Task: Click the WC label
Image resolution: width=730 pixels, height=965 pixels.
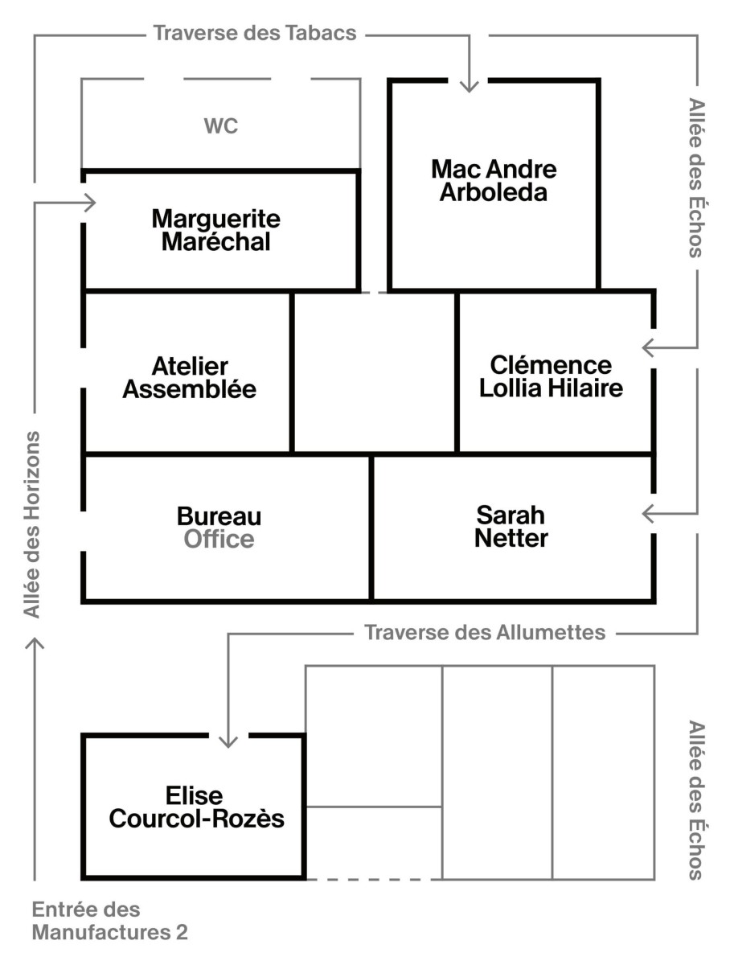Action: pos(220,125)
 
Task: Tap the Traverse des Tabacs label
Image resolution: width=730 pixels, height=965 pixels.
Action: pos(255,33)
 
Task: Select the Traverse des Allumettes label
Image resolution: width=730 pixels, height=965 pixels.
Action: pos(485,633)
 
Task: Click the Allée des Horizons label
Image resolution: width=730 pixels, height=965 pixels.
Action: pos(31,524)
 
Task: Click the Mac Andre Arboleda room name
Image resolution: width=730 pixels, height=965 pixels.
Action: pos(494,181)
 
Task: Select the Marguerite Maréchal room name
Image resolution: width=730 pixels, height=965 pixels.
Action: pos(215,230)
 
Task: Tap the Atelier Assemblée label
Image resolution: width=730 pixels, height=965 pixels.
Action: pos(190,378)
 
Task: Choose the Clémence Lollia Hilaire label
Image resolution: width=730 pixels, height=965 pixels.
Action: pos(552,377)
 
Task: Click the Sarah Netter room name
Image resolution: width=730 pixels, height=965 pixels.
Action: pos(511,527)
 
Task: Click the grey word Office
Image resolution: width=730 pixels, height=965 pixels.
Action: pos(219,540)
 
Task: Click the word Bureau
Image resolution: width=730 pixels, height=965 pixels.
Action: pos(219,516)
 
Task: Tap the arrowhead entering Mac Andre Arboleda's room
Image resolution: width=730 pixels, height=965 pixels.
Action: pos(469,88)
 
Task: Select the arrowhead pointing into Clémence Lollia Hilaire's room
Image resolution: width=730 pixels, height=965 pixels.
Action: pos(648,348)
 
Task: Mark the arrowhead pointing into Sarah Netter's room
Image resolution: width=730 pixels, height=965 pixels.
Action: pos(648,514)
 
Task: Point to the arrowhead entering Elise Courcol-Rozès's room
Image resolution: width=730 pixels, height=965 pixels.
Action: pos(228,742)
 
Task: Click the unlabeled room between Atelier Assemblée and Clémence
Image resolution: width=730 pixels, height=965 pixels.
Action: pos(374,372)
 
